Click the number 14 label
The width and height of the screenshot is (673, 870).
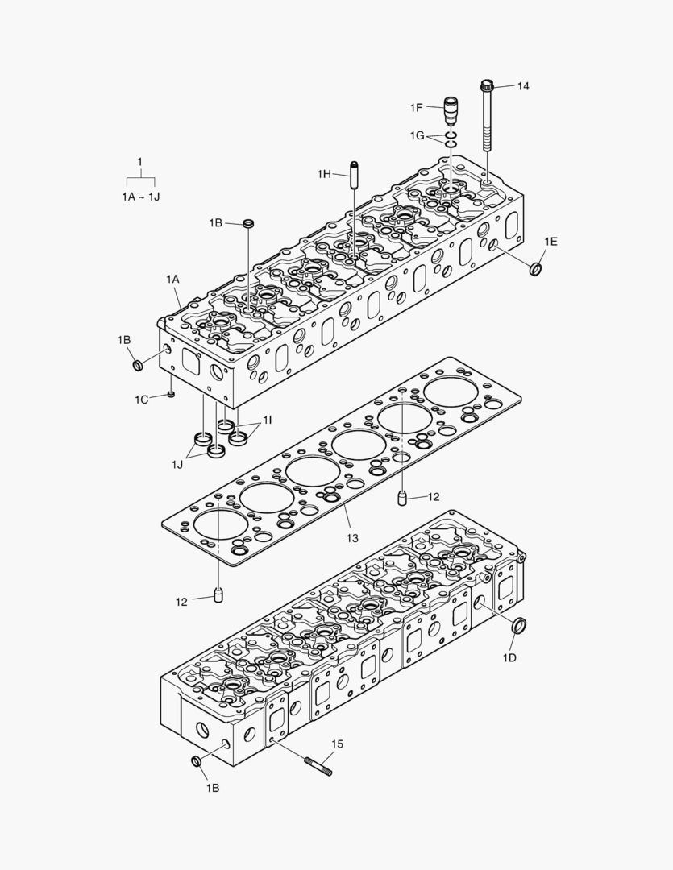coord(524,85)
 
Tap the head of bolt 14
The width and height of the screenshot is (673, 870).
coord(487,85)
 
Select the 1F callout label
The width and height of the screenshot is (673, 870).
coord(416,108)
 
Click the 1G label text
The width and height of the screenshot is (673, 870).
coord(416,135)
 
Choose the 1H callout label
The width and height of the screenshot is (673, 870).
coord(324,174)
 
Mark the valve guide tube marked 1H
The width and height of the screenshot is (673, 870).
coord(352,173)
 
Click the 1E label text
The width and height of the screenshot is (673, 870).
coord(550,241)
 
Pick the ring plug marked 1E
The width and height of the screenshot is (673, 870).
coord(536,267)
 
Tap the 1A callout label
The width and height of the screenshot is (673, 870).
coord(173,279)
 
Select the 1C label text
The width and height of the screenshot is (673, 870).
coord(142,399)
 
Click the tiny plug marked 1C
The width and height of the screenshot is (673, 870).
coord(172,394)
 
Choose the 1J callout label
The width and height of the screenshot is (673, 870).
coord(177,464)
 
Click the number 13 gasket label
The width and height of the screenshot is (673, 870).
coord(352,536)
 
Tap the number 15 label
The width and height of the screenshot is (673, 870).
coord(337,744)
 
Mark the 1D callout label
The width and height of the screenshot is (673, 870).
coord(509,658)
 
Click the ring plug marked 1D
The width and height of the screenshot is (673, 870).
coord(520,624)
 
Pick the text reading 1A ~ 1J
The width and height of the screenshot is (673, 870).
coord(140,197)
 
